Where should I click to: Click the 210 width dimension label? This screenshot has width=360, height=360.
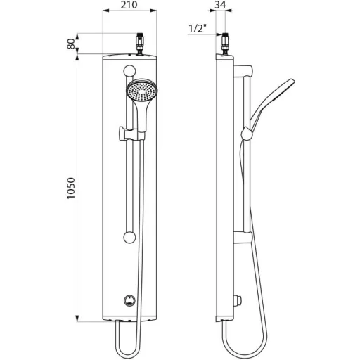(x=129, y=5)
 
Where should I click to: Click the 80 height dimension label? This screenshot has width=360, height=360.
(x=71, y=44)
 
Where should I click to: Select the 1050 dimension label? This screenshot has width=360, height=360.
(x=71, y=188)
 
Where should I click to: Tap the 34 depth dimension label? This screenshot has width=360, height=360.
(x=220, y=5)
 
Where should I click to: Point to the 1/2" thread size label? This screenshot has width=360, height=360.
(x=198, y=29)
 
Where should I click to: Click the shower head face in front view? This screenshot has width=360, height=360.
(x=142, y=90)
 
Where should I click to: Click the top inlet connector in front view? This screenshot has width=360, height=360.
(x=141, y=44)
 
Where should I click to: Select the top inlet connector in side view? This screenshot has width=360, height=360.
(x=225, y=44)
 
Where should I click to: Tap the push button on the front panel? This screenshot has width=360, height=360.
(x=129, y=300)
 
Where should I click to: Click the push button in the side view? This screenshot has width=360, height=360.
(x=238, y=300)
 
